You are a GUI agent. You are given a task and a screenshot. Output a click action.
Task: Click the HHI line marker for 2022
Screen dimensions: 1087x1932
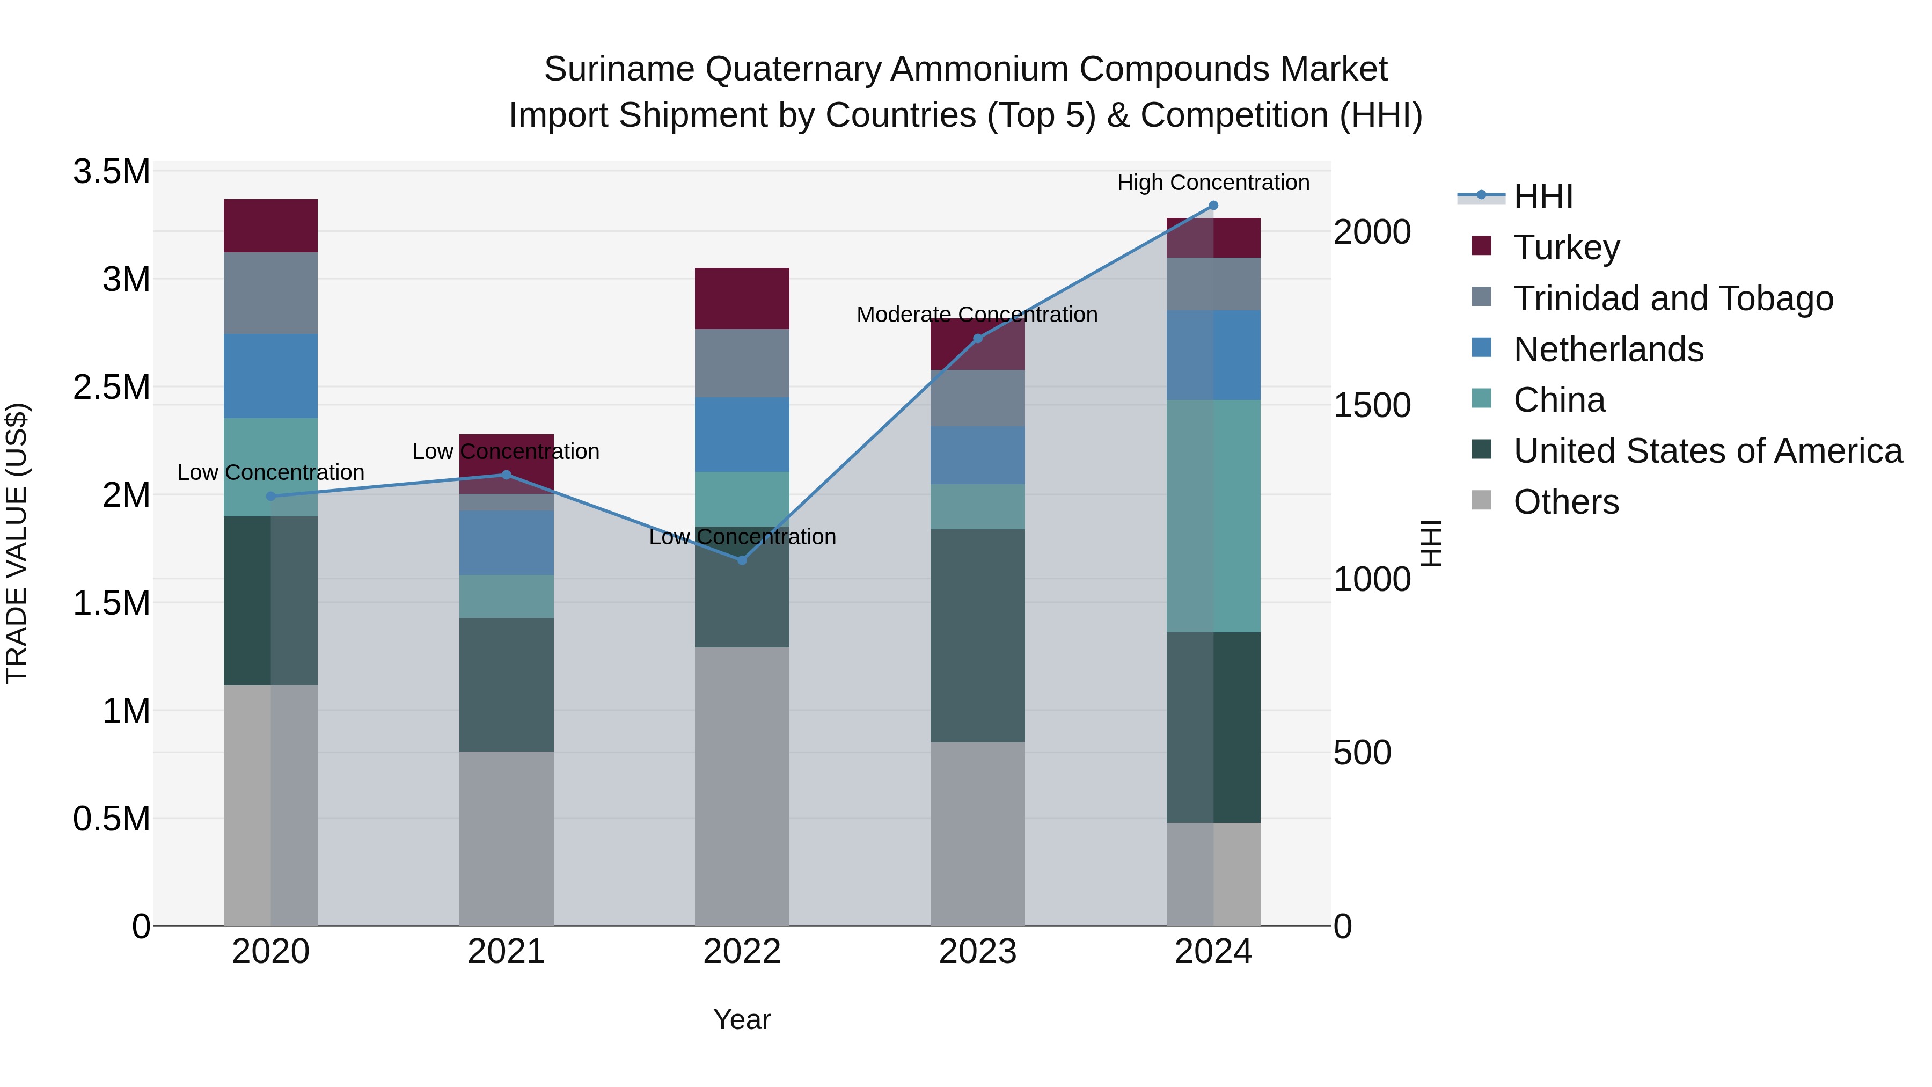[742, 560]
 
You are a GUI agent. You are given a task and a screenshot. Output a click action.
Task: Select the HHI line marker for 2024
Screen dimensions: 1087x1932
[1213, 206]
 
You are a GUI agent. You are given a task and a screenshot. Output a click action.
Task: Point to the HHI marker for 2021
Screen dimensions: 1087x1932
[506, 474]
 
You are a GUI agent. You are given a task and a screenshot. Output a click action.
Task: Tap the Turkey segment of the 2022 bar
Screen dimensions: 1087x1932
[742, 298]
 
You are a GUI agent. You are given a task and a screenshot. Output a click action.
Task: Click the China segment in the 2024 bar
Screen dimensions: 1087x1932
[1213, 515]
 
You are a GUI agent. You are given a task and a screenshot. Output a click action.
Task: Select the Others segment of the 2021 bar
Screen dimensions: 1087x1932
[506, 838]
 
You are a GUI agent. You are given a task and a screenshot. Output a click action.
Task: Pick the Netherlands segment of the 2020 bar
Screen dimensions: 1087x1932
[271, 375]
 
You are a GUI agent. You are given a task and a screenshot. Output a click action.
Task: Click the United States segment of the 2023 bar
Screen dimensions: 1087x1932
[977, 636]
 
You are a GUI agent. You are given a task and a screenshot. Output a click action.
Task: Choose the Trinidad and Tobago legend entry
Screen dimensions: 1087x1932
[1672, 298]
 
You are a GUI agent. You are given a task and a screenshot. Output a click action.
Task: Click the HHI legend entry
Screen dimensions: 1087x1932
[1543, 196]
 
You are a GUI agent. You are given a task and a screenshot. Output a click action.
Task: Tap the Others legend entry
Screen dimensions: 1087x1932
[1565, 501]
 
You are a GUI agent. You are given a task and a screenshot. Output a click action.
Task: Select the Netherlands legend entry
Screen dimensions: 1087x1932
[1608, 349]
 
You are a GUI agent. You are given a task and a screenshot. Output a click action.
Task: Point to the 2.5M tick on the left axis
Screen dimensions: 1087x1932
[112, 387]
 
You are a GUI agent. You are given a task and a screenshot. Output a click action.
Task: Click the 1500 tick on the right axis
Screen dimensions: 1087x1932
[1372, 405]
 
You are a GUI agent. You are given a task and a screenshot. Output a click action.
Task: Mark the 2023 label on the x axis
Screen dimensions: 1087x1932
[977, 952]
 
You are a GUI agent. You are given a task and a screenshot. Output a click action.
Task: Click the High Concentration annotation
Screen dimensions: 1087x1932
[1213, 183]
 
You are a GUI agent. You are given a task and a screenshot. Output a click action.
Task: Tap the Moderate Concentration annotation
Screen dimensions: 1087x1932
[977, 315]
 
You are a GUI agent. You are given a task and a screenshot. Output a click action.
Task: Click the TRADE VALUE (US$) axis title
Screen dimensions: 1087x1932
[17, 543]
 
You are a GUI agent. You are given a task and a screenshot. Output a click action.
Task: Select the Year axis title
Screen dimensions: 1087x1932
[742, 1019]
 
